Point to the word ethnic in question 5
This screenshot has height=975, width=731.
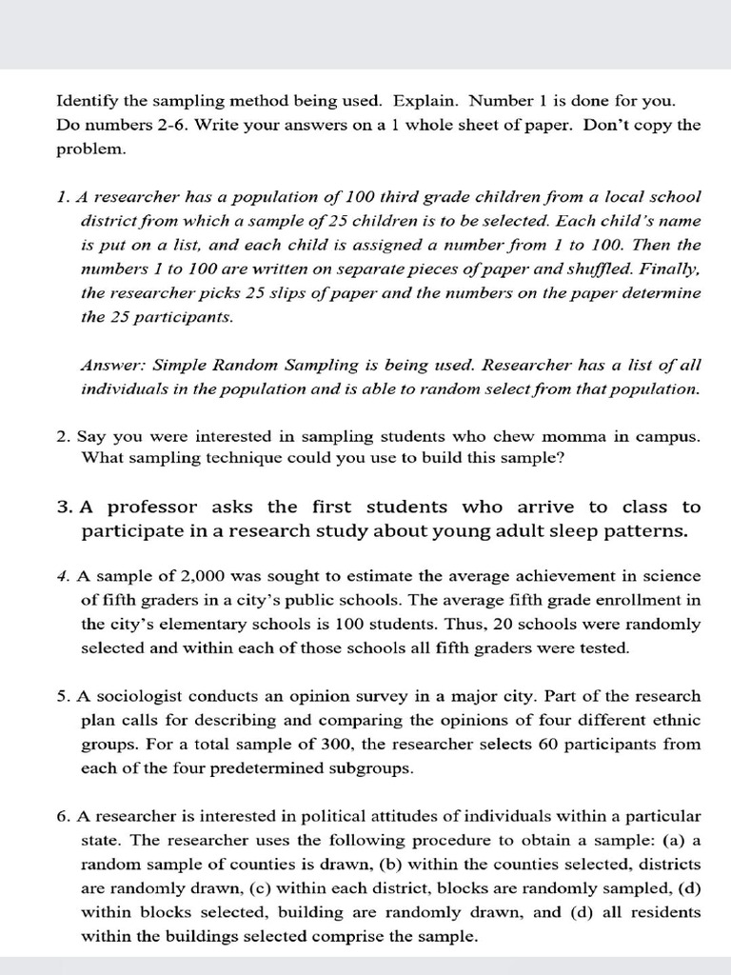pyautogui.click(x=677, y=720)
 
